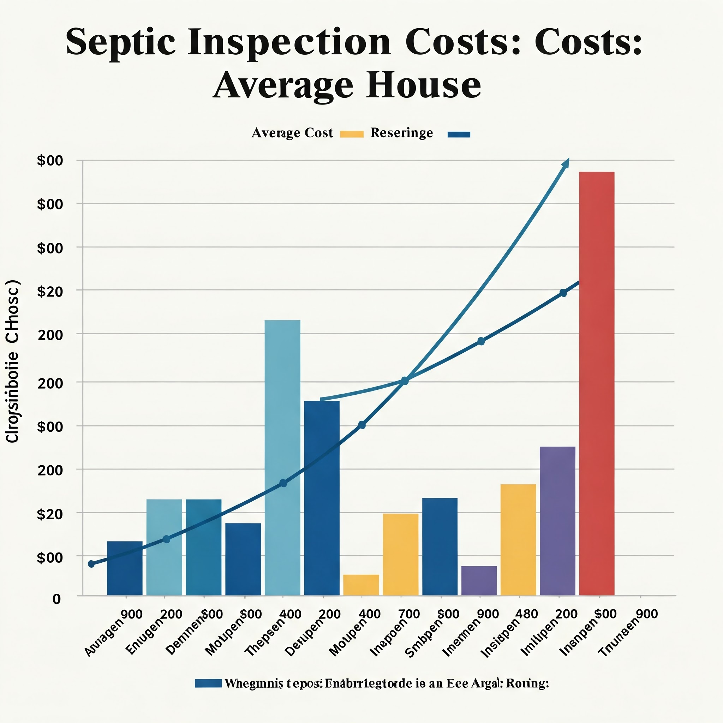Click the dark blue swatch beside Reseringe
coord(459,135)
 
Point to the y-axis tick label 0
coord(56,599)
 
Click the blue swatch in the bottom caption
coord(208,683)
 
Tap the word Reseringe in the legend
coord(401,133)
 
